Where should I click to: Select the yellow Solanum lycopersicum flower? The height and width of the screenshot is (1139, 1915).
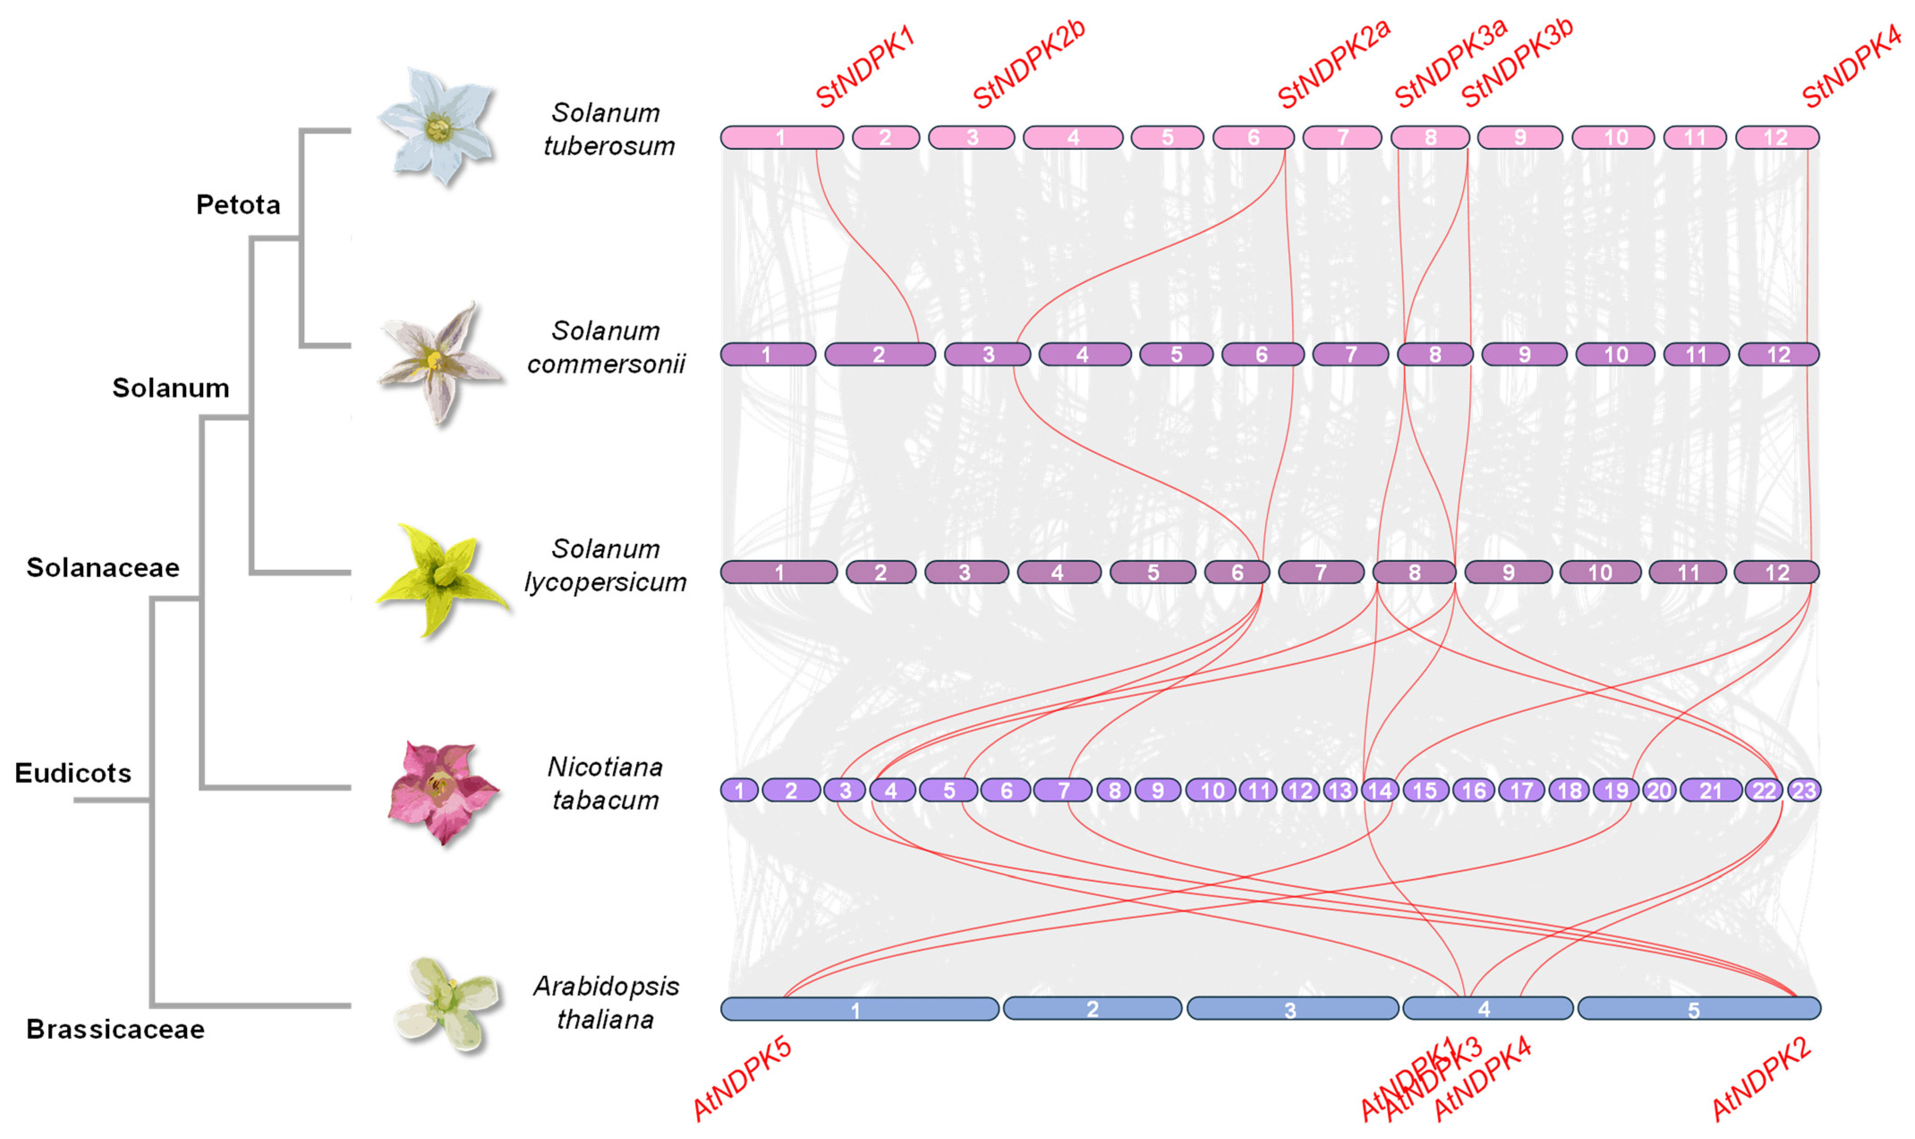click(439, 577)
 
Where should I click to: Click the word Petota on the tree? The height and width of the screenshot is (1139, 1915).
click(238, 205)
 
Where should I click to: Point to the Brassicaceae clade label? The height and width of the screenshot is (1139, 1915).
click(115, 1029)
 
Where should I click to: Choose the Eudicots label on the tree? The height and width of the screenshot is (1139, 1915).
click(73, 773)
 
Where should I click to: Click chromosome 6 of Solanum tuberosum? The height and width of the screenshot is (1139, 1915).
click(1253, 137)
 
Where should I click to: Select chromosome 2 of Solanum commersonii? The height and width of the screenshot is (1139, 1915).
click(879, 355)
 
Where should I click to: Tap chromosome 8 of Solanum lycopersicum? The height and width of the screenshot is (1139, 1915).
click(1414, 573)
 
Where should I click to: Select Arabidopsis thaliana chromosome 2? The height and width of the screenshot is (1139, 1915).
click(1092, 1008)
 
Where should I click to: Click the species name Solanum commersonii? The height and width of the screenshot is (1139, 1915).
click(605, 347)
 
